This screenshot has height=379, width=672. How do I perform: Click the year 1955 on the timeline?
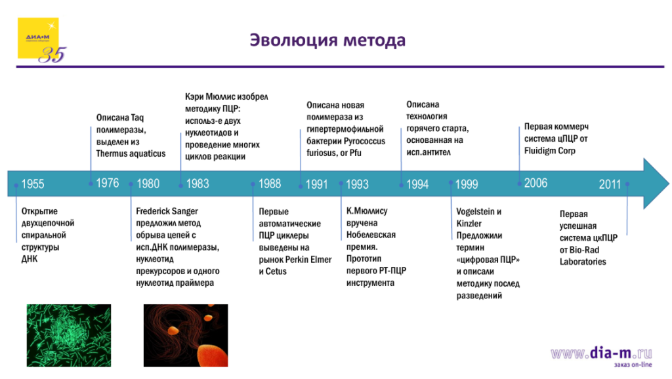pos(33,184)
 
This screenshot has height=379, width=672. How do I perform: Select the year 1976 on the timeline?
pos(108,183)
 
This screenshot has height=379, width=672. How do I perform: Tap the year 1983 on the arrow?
pos(198,184)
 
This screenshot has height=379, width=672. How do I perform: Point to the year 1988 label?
pos(270,184)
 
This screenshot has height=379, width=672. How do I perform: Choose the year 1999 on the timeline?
pos(467,184)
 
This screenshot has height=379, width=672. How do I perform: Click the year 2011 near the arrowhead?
pos(610,184)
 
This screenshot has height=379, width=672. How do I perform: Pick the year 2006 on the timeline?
pos(535,183)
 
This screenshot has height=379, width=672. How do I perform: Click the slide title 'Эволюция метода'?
pos(327,41)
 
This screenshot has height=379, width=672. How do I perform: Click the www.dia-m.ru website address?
pos(601,353)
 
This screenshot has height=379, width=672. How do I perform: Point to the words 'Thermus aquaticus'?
pos(131,153)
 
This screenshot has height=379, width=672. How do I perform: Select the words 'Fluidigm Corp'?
pos(550,151)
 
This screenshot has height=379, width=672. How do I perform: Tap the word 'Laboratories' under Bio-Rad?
pos(583,262)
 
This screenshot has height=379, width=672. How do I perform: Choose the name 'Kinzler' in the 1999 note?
pos(469,224)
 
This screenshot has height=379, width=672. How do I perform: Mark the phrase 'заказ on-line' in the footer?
pos(633,365)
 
